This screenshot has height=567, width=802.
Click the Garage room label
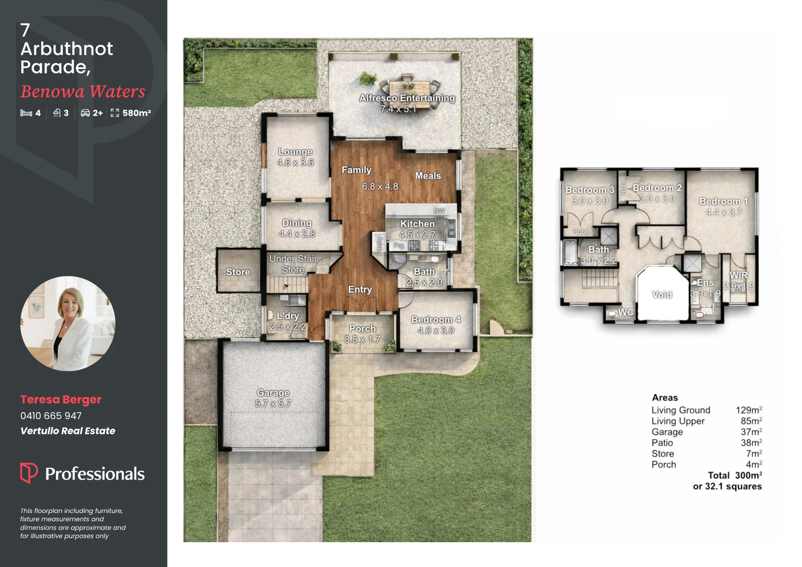(273, 393)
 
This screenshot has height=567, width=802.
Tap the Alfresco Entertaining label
(407, 98)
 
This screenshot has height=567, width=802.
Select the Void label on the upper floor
(662, 294)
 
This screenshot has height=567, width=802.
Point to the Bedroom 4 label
(436, 320)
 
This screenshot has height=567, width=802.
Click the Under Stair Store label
(293, 264)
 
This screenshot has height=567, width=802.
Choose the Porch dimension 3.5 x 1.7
(363, 339)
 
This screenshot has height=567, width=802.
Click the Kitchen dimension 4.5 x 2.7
(417, 235)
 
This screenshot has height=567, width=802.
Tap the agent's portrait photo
(68, 323)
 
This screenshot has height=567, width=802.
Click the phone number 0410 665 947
(51, 416)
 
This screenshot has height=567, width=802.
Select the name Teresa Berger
(61, 399)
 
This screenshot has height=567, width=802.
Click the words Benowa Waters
(83, 91)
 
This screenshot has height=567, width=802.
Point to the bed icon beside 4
(26, 113)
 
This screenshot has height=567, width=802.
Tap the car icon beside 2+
(85, 113)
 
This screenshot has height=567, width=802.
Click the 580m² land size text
(137, 113)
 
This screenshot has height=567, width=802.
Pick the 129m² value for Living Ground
(749, 410)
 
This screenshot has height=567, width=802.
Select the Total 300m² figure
(735, 475)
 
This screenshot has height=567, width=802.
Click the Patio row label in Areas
(662, 443)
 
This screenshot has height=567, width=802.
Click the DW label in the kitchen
(439, 211)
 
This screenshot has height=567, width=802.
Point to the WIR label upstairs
(738, 275)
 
